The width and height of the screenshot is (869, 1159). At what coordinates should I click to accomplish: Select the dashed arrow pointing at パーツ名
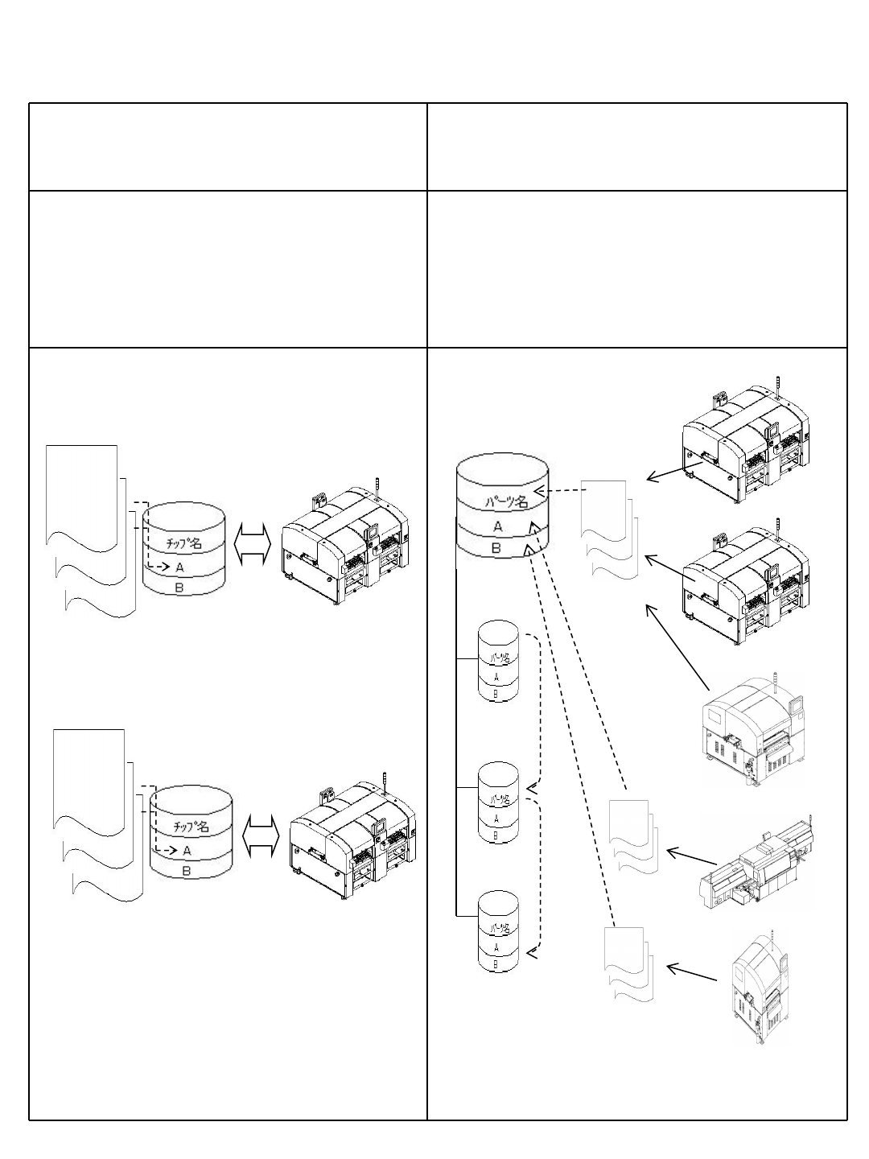tap(557, 490)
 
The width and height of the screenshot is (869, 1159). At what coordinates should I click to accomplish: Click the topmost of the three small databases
tap(498, 661)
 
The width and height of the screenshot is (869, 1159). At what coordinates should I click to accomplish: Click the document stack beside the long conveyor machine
tap(634, 837)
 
